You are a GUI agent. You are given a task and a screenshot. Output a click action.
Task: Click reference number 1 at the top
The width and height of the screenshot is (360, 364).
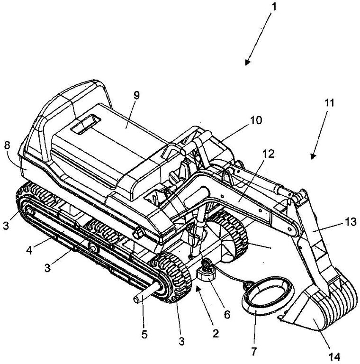click(274, 7)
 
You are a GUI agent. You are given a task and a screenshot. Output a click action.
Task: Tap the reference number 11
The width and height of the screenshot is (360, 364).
click(329, 103)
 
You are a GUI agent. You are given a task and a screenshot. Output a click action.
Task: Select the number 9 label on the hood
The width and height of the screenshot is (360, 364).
click(136, 95)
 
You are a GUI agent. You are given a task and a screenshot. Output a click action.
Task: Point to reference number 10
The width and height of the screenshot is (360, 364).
click(256, 120)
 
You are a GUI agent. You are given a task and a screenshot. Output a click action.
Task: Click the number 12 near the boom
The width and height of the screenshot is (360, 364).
click(269, 154)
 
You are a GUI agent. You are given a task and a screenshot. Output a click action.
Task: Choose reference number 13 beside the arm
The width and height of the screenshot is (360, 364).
click(351, 222)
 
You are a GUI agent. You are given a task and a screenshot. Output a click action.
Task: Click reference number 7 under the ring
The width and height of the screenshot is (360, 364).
click(254, 352)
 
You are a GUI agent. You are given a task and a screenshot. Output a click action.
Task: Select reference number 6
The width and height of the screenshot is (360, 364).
click(226, 315)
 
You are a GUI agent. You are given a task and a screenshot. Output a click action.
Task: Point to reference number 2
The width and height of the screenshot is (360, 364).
click(216, 334)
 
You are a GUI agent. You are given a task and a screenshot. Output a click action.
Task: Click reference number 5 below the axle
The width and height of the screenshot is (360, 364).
click(144, 335)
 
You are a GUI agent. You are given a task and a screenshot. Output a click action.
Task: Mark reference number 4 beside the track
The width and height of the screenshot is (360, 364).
click(29, 250)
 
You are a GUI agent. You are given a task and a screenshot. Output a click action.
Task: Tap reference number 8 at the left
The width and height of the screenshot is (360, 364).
click(7, 146)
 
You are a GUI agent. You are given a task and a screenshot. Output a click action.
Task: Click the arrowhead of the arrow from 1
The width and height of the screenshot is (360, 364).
click(248, 62)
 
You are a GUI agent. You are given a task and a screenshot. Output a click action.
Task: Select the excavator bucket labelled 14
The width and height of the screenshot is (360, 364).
click(321, 307)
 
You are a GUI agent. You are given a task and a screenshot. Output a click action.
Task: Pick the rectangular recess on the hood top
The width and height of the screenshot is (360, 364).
click(86, 124)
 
